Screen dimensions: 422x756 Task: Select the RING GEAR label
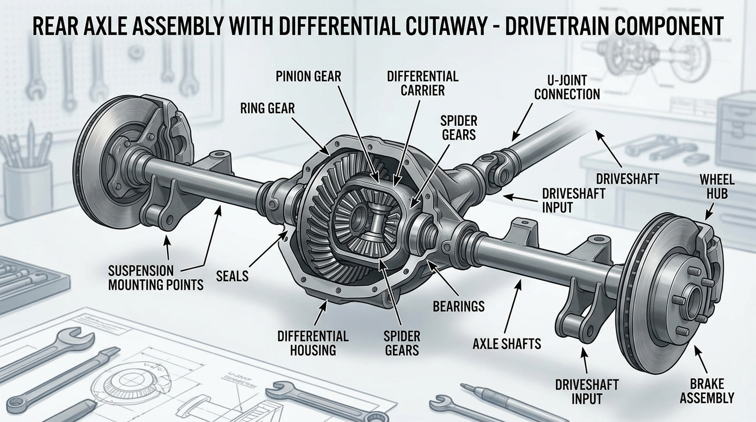pos(267,109)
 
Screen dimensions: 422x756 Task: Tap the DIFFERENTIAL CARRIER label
pos(423,82)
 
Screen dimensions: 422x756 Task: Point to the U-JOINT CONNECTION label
pos(566,86)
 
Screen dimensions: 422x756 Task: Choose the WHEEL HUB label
pos(716,187)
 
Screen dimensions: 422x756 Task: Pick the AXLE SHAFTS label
pos(507,344)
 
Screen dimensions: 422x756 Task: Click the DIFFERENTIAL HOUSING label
pos(313,342)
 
